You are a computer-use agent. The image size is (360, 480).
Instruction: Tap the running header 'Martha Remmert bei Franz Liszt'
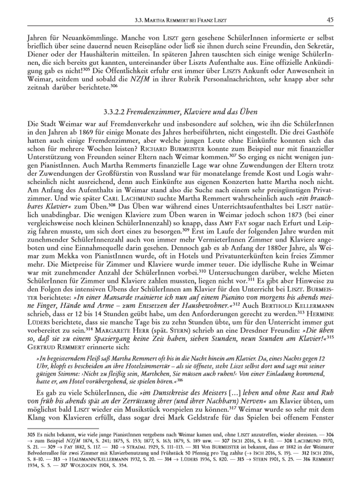tap(185, 20)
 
